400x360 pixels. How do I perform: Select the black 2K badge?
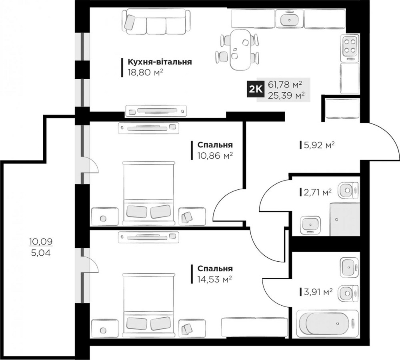tap(255, 90)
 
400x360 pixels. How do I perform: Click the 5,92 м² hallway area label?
tap(319, 145)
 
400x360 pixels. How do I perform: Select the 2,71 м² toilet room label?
tap(318, 193)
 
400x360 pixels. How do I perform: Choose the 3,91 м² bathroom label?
tap(318, 292)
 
